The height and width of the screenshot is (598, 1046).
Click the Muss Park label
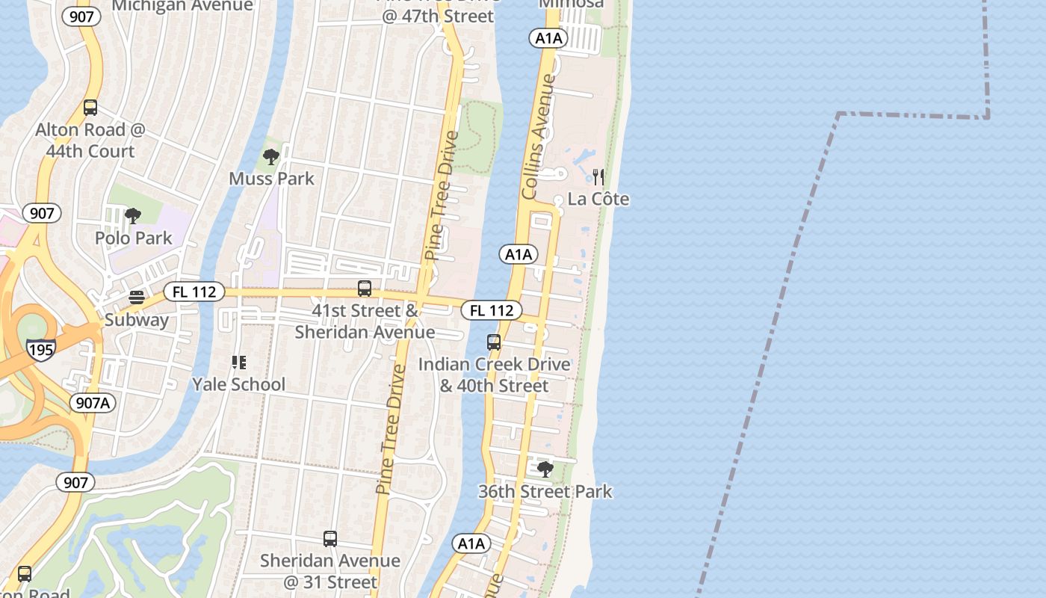pos(271,179)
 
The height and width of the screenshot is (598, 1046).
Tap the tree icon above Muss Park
pos(271,157)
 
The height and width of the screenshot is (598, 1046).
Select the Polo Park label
pos(134,238)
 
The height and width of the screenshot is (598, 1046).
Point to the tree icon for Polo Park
pos(133,217)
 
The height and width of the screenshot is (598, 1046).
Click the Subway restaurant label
pos(137,320)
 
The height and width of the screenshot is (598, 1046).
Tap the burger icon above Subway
pos(137,298)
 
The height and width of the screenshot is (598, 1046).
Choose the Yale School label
pos(239,384)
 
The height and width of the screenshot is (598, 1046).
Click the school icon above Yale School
pos(239,363)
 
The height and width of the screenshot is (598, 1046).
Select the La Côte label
pos(598,199)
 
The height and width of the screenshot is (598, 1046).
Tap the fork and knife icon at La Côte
pos(598,176)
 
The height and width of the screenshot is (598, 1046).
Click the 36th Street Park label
pos(545,491)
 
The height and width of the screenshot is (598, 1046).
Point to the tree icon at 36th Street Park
pos(545,469)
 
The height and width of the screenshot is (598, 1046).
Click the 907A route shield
pos(93,403)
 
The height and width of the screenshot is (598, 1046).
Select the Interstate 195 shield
pos(40,349)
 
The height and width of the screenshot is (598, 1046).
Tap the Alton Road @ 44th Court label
pos(90,141)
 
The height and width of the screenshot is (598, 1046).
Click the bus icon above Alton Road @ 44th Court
pos(90,108)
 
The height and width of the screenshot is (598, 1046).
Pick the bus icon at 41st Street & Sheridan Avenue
pos(365,289)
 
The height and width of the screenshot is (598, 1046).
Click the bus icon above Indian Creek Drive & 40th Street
pos(494,342)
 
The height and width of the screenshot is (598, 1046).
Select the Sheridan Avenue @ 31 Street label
pos(330,570)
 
